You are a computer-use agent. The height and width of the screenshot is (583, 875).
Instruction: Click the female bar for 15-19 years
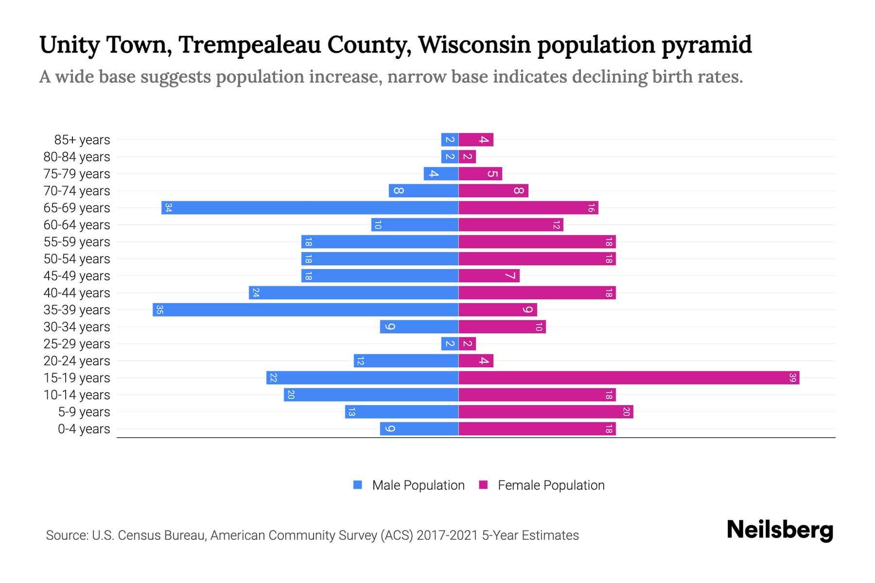pyautogui.click(x=629, y=377)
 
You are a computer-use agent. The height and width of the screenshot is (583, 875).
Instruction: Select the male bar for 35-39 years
pyautogui.click(x=305, y=309)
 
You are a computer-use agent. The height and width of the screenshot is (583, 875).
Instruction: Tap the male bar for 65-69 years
pyautogui.click(x=310, y=207)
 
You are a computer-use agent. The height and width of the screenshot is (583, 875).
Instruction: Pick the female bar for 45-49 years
pyautogui.click(x=489, y=275)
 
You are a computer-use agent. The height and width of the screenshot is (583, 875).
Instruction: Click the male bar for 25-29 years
pyautogui.click(x=450, y=343)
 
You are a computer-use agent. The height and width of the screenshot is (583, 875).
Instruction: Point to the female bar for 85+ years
pyautogui.click(x=476, y=139)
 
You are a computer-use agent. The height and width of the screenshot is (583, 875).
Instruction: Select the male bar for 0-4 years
pyautogui.click(x=419, y=429)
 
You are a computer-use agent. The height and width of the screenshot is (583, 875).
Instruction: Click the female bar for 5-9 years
pyautogui.click(x=545, y=412)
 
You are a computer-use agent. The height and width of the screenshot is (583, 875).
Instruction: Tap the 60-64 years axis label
pyautogui.click(x=77, y=225)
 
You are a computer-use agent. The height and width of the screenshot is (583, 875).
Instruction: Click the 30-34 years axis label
pyautogui.click(x=77, y=327)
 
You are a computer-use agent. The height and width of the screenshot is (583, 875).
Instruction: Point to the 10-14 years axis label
pyautogui.click(x=77, y=395)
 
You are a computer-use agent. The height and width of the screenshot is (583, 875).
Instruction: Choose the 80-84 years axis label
pyautogui.click(x=77, y=157)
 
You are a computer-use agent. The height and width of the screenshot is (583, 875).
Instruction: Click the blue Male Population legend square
pyautogui.click(x=358, y=485)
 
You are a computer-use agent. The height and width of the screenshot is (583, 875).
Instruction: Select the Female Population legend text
pyautogui.click(x=551, y=485)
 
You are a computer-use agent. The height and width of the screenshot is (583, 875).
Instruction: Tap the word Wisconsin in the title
pyautogui.click(x=474, y=45)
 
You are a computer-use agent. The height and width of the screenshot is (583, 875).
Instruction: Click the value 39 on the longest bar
pyautogui.click(x=792, y=377)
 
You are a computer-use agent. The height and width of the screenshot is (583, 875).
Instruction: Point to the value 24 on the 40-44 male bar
pyautogui.click(x=256, y=292)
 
